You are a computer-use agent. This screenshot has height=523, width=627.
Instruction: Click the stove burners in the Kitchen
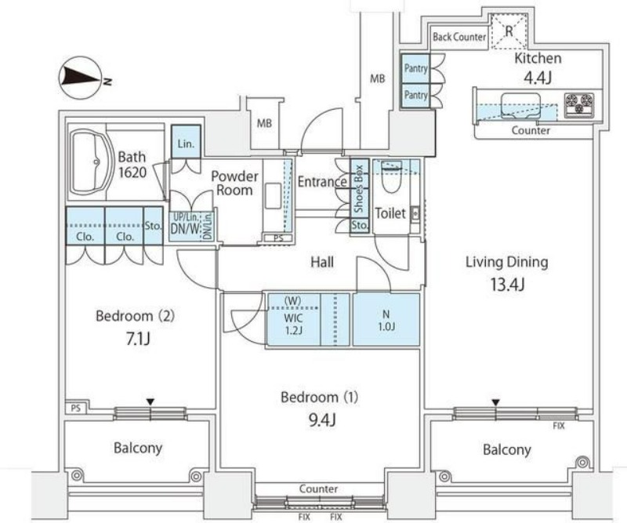click(580, 102)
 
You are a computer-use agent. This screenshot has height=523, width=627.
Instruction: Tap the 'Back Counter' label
click(458, 37)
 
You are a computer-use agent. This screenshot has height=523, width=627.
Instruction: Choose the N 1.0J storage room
click(386, 319)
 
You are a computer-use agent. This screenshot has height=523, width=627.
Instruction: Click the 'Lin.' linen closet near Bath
click(186, 144)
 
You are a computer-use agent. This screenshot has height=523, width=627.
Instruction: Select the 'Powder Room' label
click(234, 183)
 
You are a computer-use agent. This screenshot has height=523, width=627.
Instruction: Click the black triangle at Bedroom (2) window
click(150, 402)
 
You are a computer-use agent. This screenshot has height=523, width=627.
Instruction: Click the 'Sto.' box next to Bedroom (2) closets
click(153, 227)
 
